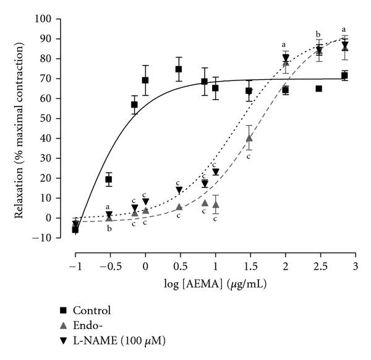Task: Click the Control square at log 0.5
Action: tap(179, 69)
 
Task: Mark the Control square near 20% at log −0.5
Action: tap(109, 179)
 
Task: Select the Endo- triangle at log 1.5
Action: tap(249, 138)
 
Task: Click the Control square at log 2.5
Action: tap(319, 88)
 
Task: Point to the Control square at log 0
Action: tap(145, 80)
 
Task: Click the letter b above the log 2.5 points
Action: tap(318, 34)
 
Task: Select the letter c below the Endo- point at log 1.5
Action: tap(248, 156)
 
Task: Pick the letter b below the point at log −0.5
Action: tap(109, 229)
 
